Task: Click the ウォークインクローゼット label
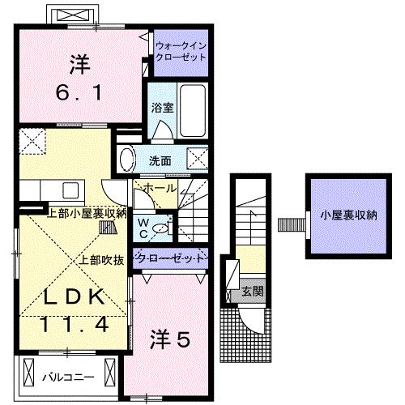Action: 181,53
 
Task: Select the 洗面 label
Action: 159,160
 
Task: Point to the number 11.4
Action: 73,325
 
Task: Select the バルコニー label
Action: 68,377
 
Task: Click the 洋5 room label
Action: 169,341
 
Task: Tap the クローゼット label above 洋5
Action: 173,258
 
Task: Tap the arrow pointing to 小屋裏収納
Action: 288,223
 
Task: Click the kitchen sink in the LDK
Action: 69,191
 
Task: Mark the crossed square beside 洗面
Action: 197,157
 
